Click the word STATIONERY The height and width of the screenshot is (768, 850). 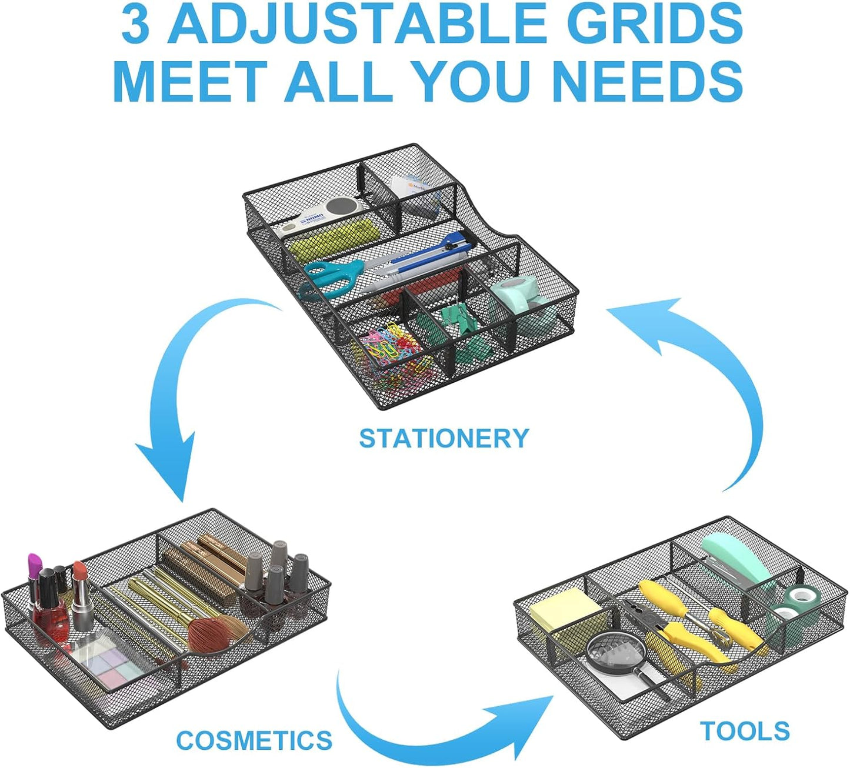click(x=444, y=439)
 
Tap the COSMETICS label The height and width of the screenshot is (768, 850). click(x=254, y=740)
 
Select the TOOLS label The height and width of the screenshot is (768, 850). click(x=745, y=732)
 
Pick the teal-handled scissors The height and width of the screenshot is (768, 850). click(x=329, y=277)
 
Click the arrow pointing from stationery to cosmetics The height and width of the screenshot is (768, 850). click(x=176, y=406)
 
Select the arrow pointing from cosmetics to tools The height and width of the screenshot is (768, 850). click(x=435, y=726)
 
